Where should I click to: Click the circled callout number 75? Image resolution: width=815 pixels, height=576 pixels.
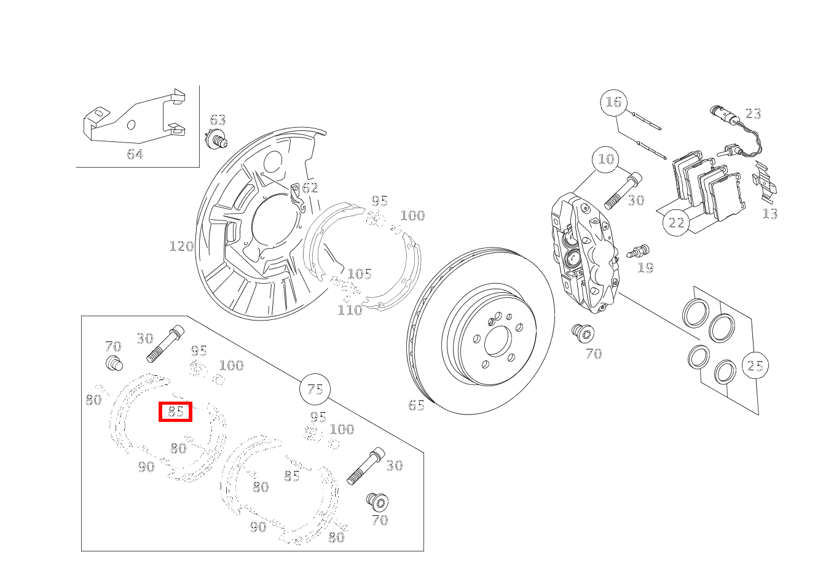tap(315, 389)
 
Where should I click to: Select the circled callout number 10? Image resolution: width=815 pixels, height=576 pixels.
tap(606, 159)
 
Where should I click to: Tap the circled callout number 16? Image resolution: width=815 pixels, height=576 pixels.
tap(613, 102)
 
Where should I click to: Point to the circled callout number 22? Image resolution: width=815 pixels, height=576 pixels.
tap(676, 222)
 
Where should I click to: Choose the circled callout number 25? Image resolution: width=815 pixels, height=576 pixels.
tap(755, 366)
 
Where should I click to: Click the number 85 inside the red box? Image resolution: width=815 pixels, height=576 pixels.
tap(176, 411)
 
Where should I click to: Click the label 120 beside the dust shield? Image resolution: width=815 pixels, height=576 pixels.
tap(181, 246)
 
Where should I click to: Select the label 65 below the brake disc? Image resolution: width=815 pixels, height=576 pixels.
tap(416, 405)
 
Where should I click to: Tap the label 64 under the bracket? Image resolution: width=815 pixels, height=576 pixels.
tap(135, 154)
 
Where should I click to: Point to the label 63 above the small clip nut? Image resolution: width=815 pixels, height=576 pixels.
tap(218, 120)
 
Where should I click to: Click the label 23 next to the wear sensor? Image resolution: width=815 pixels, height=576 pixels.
tap(753, 114)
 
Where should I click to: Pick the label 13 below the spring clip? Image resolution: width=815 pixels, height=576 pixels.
tap(770, 214)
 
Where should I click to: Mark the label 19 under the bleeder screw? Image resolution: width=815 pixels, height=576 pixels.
tap(645, 267)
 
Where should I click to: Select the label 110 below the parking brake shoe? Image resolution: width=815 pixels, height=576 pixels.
tap(349, 310)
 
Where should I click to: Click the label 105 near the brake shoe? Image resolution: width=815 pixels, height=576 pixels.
tap(360, 274)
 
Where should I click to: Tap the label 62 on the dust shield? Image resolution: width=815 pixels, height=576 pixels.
tap(310, 187)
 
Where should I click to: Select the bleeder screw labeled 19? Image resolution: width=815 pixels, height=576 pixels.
tap(639, 251)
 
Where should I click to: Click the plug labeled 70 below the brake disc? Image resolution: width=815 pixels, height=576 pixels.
tap(582, 333)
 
